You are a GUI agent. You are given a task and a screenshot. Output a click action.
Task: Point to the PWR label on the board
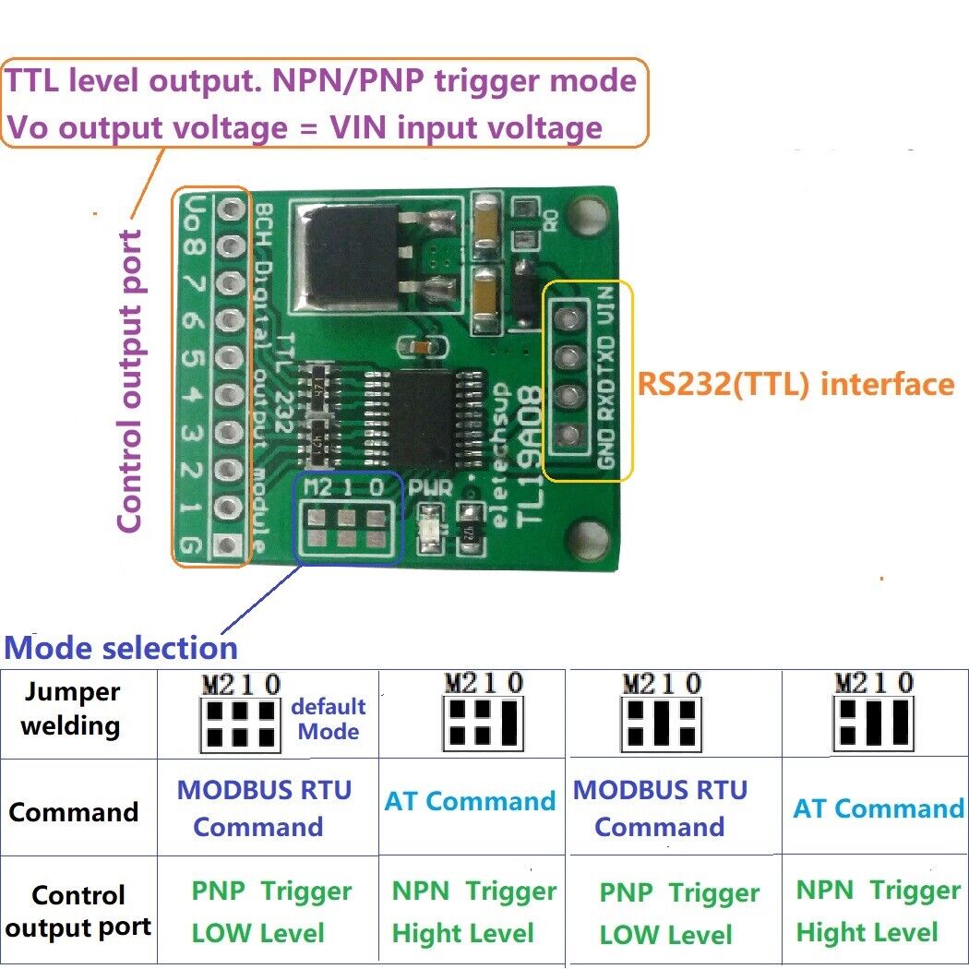[432, 488]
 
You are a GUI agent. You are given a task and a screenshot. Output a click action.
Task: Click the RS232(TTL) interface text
[795, 383]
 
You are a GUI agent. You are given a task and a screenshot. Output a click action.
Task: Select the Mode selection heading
[121, 647]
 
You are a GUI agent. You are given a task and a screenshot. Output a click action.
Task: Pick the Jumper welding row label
[71, 709]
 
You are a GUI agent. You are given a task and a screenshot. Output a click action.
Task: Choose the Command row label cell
[73, 812]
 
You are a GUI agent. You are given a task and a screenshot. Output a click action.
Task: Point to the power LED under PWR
[430, 533]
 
